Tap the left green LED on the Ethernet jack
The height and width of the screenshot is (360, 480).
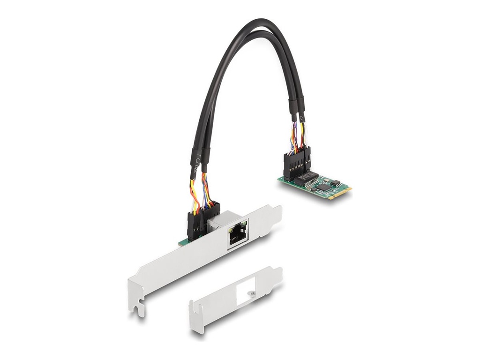(231, 230)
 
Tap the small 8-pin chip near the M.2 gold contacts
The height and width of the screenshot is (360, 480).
(335, 183)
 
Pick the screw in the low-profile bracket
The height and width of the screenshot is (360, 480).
(253, 294)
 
